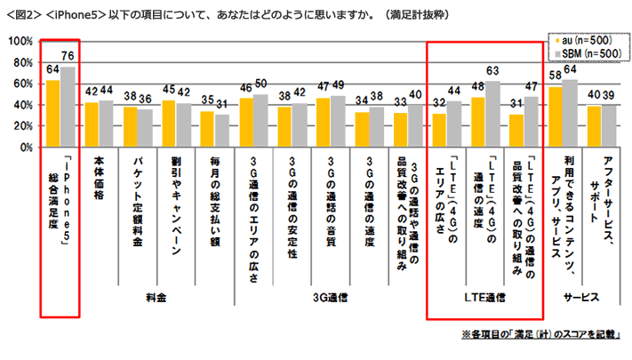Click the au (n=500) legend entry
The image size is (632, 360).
pos(583,41)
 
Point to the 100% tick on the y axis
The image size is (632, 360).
pos(20,42)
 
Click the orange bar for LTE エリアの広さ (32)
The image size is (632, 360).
pos(438,123)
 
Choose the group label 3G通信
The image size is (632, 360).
pos(328,298)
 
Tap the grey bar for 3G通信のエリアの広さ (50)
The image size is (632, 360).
pos(260,115)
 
